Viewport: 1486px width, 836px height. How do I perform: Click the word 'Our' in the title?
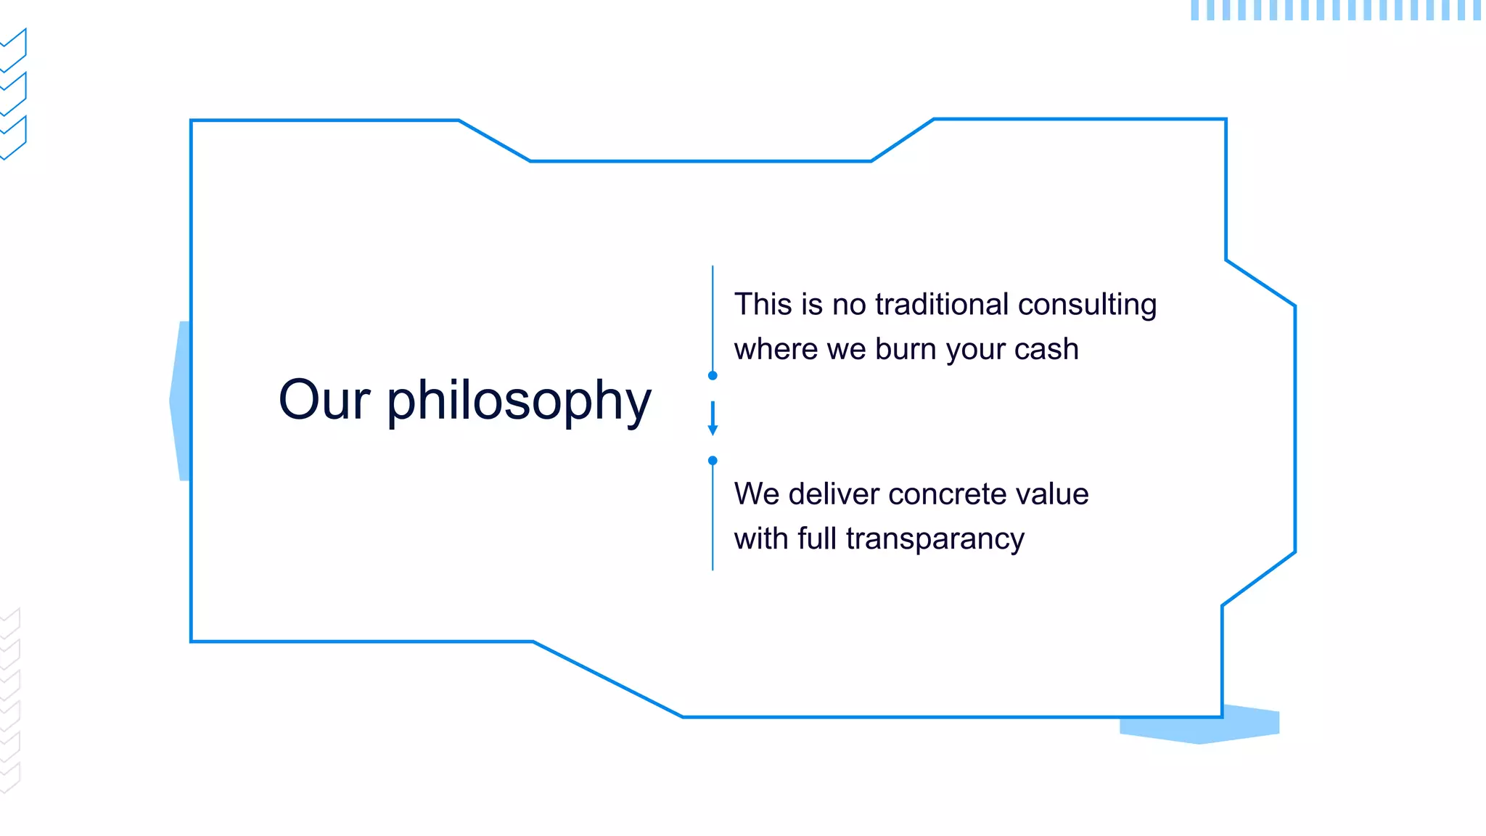pyautogui.click(x=324, y=400)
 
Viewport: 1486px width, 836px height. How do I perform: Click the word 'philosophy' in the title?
pyautogui.click(x=519, y=401)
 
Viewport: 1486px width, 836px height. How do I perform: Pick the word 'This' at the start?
pyautogui.click(x=763, y=304)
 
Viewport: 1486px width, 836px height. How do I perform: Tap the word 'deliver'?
pyautogui.click(x=834, y=494)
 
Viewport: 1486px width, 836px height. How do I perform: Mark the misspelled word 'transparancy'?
pyautogui.click(x=935, y=539)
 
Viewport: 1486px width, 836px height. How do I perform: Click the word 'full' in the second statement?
pyautogui.click(x=817, y=538)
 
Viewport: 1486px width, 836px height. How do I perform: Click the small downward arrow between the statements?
pyautogui.click(x=713, y=419)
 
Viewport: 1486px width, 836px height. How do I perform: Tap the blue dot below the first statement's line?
pyautogui.click(x=713, y=375)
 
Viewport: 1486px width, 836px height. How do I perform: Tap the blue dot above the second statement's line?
pyautogui.click(x=713, y=460)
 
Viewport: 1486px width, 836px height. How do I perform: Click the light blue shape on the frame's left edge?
pyautogui.click(x=181, y=401)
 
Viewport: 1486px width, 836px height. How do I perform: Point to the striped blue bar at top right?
pyautogui.click(x=1335, y=10)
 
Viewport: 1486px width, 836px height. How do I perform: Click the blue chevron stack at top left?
pyautogui.click(x=14, y=94)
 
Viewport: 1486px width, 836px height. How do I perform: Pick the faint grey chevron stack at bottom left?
pyautogui.click(x=10, y=700)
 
